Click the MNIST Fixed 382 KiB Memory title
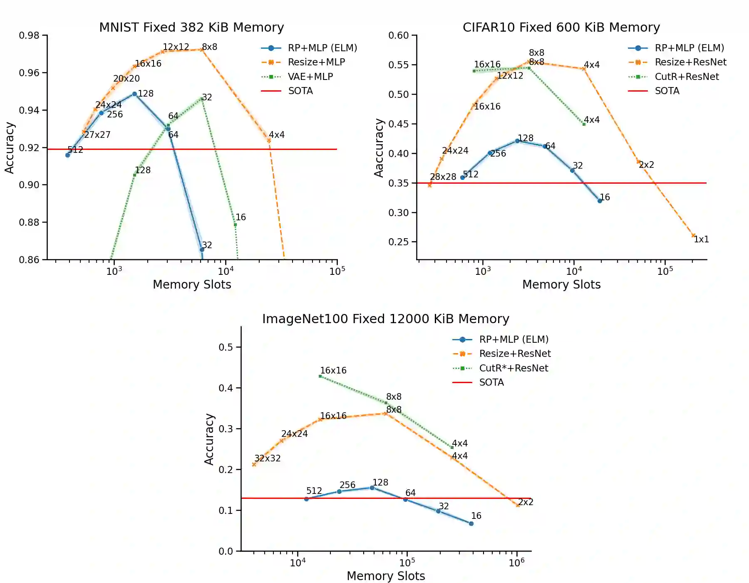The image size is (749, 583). (191, 27)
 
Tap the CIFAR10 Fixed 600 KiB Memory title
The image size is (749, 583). (561, 27)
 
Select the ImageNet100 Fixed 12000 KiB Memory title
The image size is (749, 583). (385, 319)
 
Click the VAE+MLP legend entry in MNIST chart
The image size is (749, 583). (310, 77)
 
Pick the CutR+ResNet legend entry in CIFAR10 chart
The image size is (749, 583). (687, 77)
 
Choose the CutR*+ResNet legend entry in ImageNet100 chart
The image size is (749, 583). (513, 368)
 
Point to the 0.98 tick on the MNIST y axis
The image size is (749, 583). (29, 35)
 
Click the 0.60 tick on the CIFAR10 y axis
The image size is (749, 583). (399, 35)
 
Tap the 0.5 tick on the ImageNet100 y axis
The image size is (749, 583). (226, 347)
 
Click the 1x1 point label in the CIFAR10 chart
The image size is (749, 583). (701, 239)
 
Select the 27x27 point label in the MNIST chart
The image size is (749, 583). (97, 135)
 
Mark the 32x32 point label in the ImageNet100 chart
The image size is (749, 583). (268, 458)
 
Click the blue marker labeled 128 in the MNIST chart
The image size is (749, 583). (134, 94)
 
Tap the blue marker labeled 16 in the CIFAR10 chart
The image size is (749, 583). (600, 201)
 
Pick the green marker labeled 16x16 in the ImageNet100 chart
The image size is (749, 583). (320, 376)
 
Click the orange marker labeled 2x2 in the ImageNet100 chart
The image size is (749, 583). (518, 506)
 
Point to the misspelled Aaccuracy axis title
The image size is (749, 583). (379, 148)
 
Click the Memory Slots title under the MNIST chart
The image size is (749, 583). (192, 284)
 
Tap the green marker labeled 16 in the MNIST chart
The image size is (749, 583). (235, 225)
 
